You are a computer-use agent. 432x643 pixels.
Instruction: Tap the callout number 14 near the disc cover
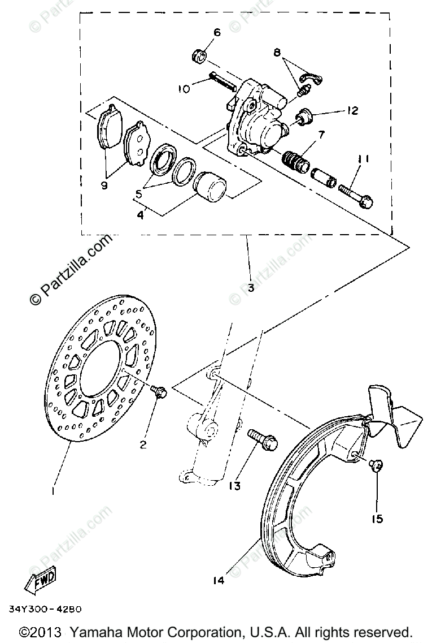(x=219, y=580)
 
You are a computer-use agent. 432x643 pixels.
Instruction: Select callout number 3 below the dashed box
(x=250, y=287)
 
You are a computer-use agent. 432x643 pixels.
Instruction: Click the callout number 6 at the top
(x=216, y=32)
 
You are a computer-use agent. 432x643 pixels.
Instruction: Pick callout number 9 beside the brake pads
(x=104, y=185)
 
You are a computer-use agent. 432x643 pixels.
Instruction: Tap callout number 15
(x=377, y=517)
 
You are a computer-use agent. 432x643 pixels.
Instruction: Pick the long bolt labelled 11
(x=356, y=196)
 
